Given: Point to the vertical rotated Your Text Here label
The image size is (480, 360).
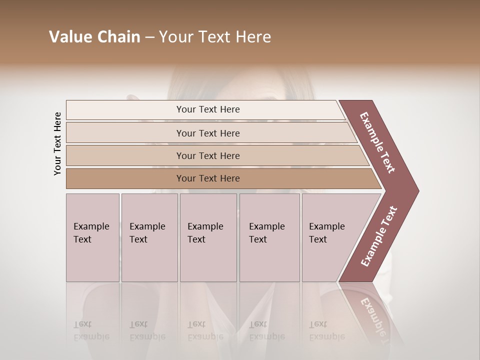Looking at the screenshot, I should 57,143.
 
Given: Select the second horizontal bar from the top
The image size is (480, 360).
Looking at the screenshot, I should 208,133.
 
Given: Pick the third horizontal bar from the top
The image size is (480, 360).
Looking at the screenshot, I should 208,155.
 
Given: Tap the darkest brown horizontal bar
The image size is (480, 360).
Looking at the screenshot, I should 208,178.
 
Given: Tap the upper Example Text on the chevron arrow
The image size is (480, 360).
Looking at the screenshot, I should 377,142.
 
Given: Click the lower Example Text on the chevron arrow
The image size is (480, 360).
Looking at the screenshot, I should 379,236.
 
